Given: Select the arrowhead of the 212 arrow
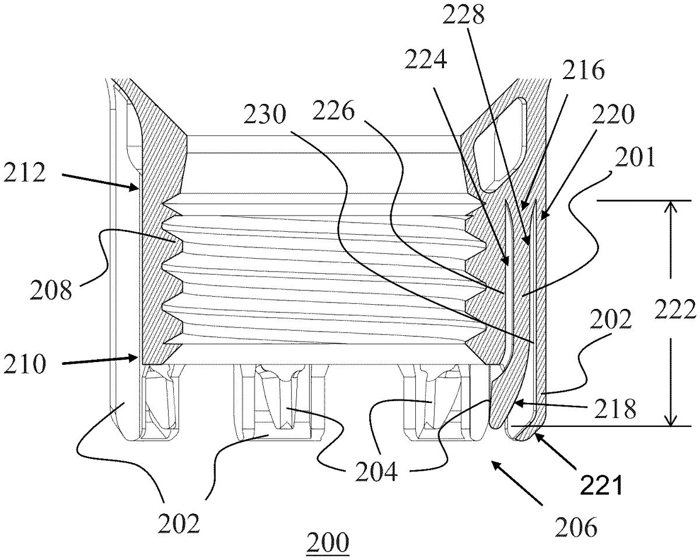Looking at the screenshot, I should [x=137, y=187].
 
